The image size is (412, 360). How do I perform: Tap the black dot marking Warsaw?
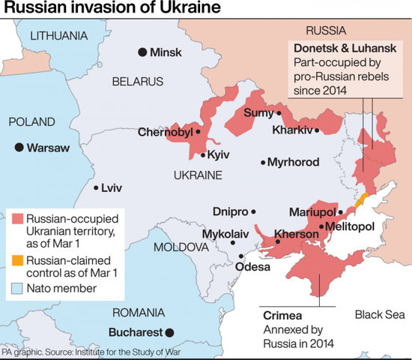coord(19,148)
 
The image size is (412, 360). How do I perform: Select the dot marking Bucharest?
coord(170,331)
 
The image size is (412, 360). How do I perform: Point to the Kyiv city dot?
coord(203,155)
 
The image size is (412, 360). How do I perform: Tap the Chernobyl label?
coord(165,133)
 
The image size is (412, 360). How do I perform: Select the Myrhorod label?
coord(294,162)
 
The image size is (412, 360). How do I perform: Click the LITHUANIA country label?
coord(58,35)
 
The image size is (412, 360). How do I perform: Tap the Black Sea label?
coord(378,313)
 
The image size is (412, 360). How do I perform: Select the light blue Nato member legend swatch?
coord(18,288)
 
